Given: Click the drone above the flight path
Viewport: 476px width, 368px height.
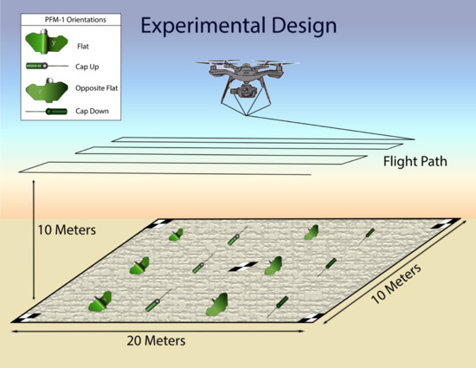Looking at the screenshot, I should (x=245, y=77).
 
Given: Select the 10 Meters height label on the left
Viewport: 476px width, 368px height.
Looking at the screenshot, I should (x=66, y=231).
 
